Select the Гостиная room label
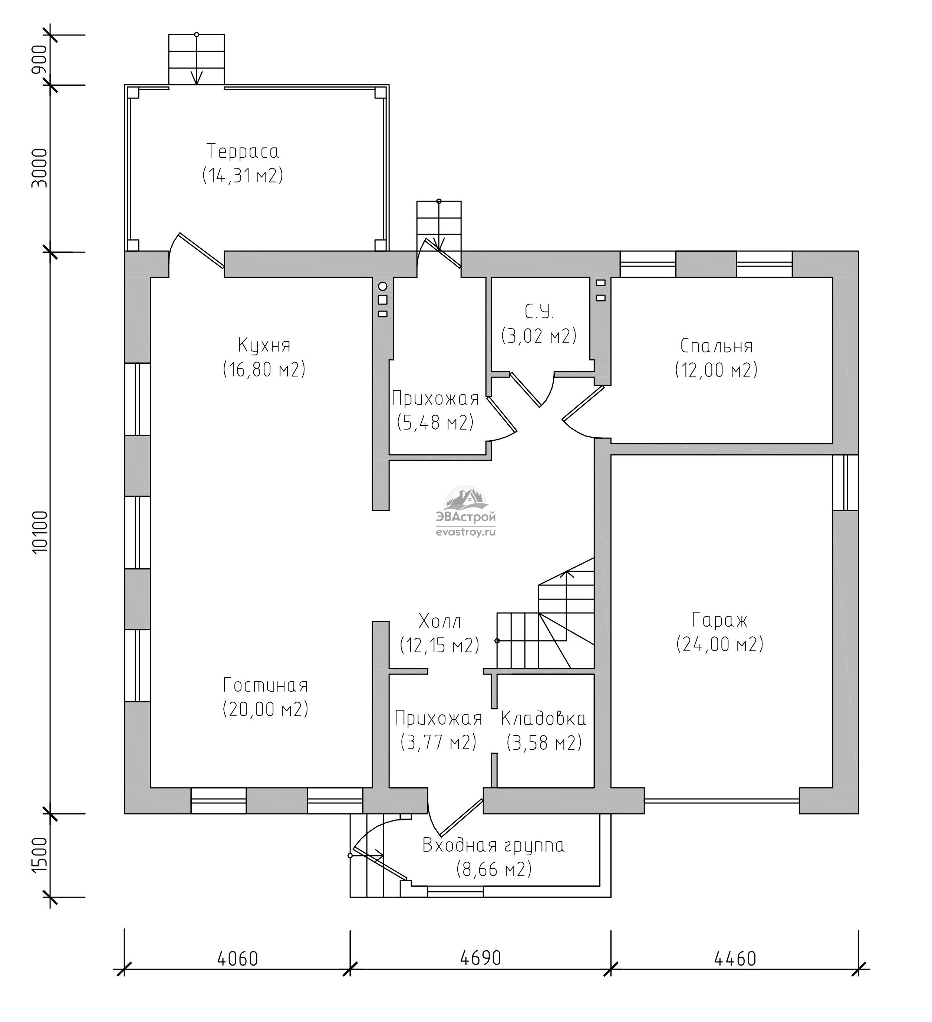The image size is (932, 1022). click(x=266, y=685)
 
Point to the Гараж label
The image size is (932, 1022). click(x=719, y=620)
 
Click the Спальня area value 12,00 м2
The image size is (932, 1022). click(x=716, y=370)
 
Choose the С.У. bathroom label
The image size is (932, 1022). click(x=539, y=312)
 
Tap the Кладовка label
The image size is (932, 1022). click(x=543, y=719)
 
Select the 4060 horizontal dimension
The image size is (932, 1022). click(x=238, y=959)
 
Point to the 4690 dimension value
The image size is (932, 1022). click(x=480, y=958)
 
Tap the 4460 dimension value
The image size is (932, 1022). click(x=735, y=959)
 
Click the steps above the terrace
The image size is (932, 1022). click(x=197, y=59)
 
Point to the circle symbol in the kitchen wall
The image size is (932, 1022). click(x=382, y=286)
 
